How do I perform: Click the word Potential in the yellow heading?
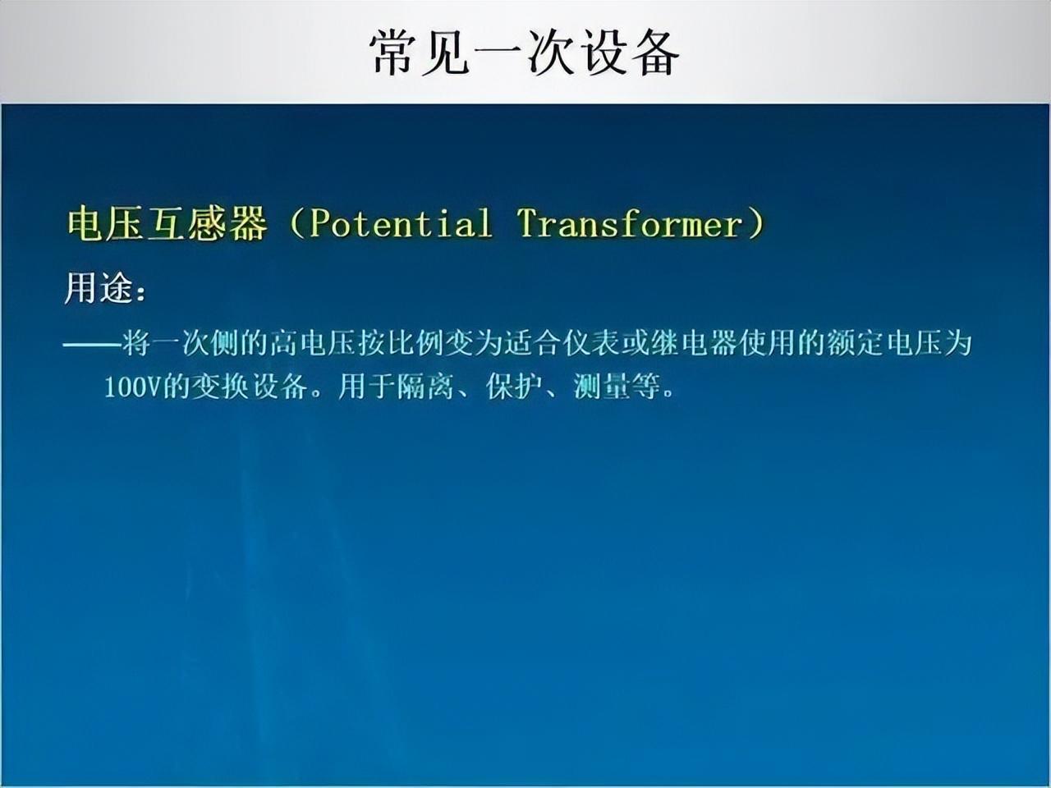(401, 223)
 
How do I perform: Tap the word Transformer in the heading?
(630, 223)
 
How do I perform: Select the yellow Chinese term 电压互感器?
(168, 223)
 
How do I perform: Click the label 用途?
(99, 288)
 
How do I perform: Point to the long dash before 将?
(93, 344)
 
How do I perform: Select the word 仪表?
(591, 343)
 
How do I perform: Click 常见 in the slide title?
(419, 53)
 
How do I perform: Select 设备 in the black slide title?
(630, 53)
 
